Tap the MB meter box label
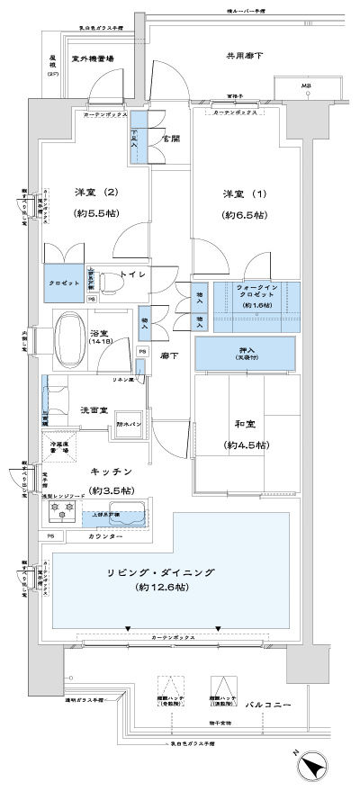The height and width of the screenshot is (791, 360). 307,86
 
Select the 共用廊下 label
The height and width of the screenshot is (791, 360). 244,56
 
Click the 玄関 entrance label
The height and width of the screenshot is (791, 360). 169,139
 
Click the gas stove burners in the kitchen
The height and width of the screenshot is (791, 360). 66,510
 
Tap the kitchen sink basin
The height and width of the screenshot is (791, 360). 130,519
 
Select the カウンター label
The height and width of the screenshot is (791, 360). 106,536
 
